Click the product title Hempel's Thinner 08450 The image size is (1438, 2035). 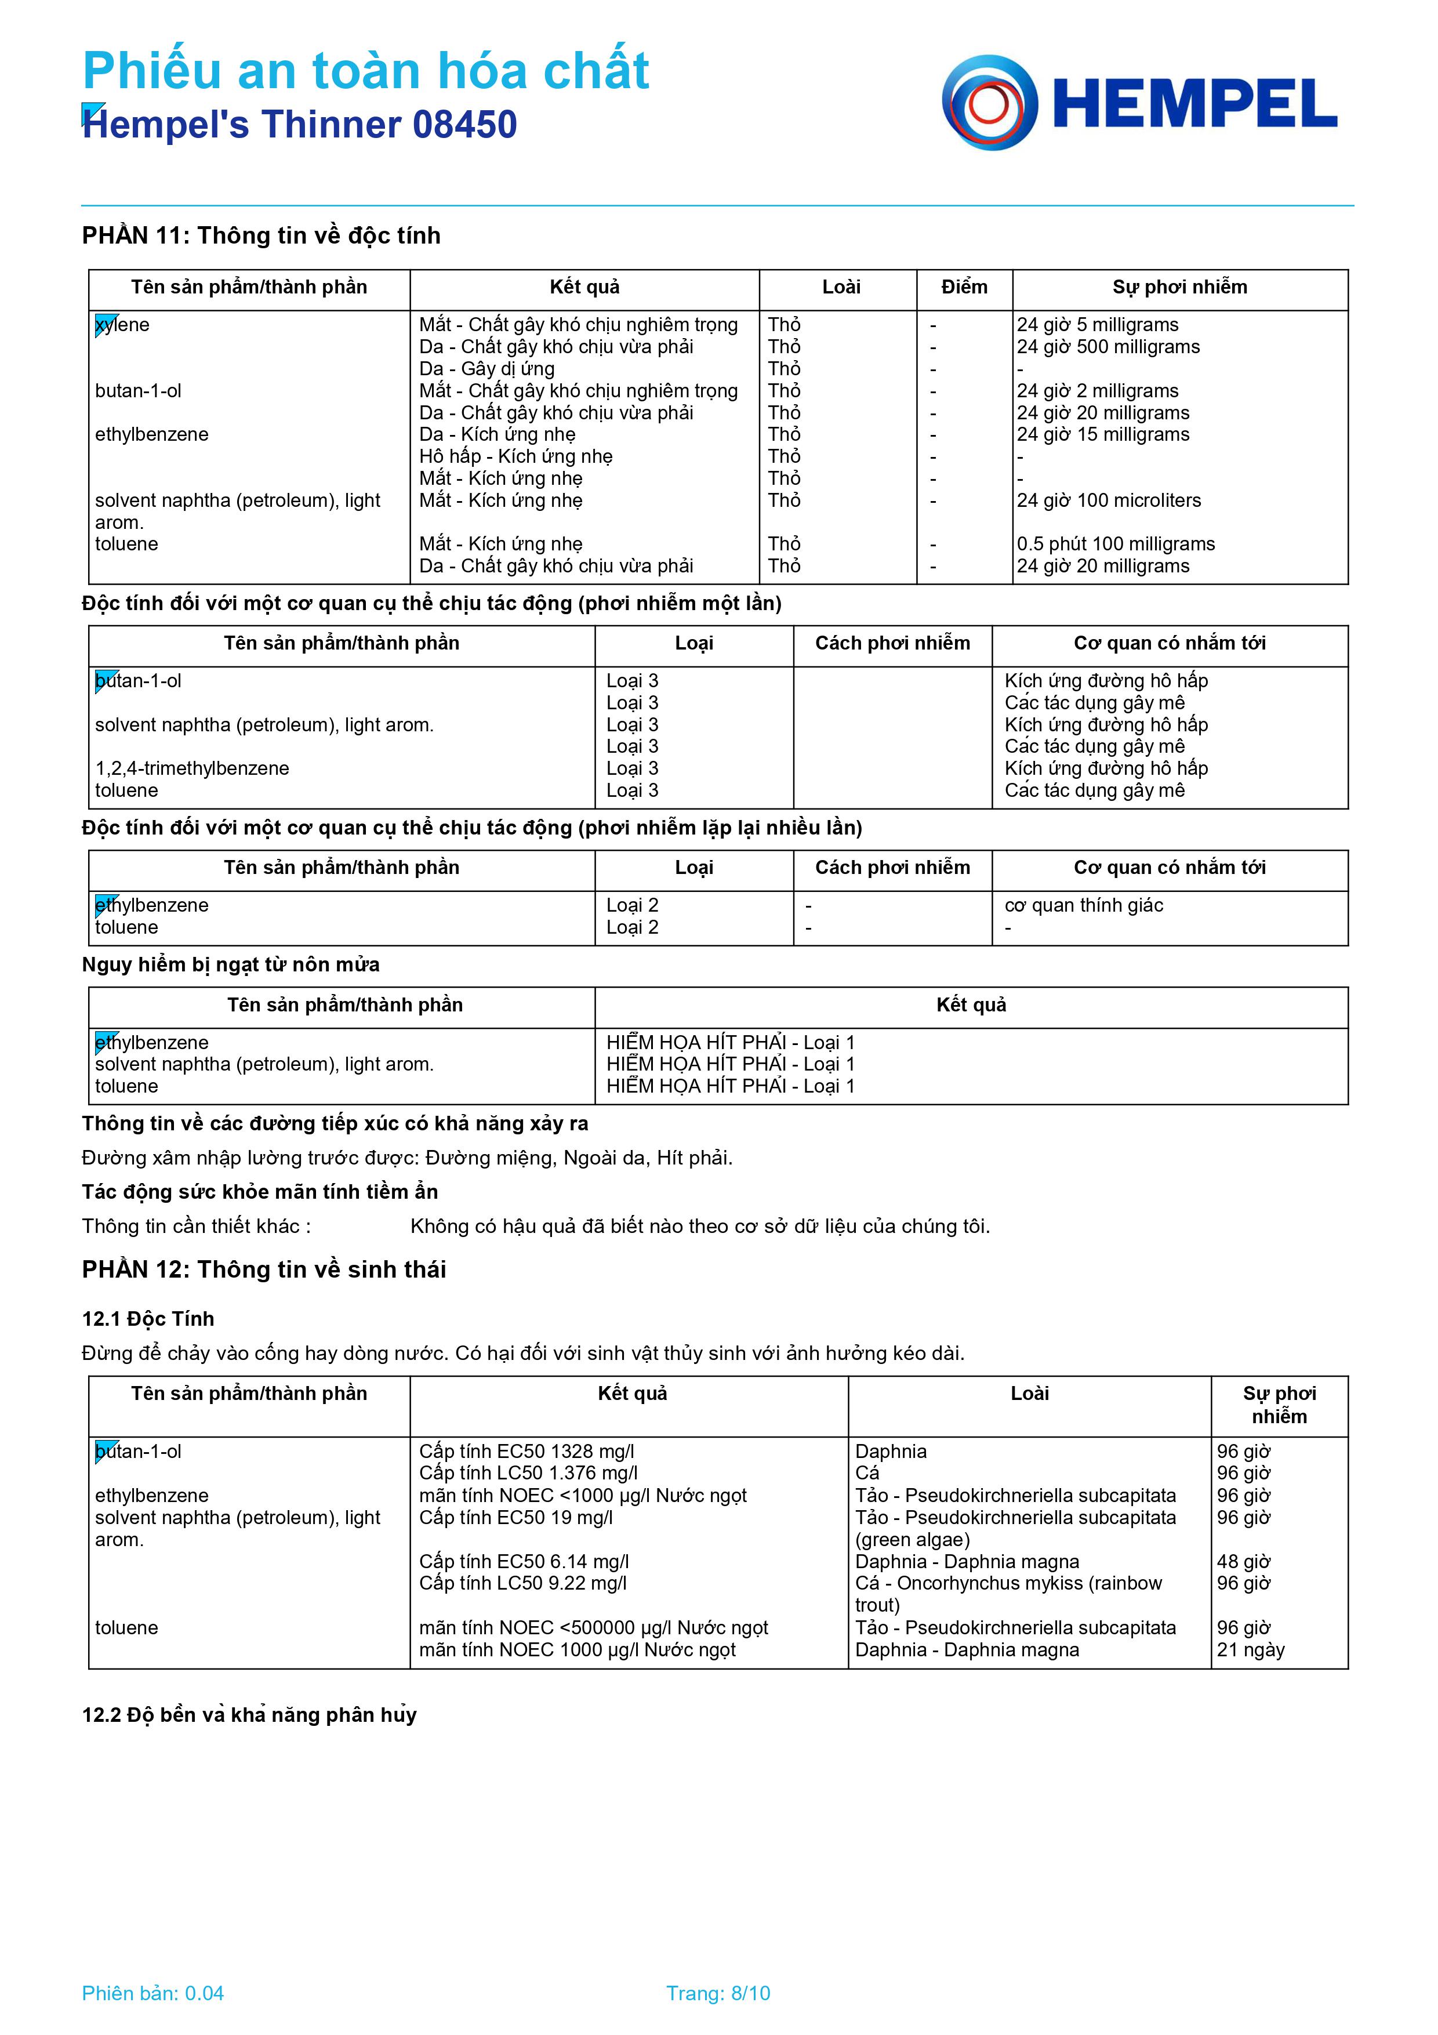pos(299,125)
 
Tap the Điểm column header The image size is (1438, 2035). pos(964,287)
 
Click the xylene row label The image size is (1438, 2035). pos(122,325)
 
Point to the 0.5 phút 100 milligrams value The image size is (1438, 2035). pos(1116,544)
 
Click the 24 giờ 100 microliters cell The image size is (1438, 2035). pos(1109,500)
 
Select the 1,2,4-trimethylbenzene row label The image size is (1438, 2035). pos(193,768)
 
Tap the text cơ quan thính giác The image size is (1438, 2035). pos(1084,905)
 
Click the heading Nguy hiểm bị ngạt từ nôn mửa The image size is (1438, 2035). pos(230,964)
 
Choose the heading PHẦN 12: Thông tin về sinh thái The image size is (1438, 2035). pos(264,1269)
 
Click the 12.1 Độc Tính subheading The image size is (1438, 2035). pos(148,1319)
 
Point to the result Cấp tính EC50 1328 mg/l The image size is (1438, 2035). pos(526,1452)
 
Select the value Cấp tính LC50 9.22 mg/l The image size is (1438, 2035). pos(523,1583)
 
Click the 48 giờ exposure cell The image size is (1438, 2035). pos(1243,1562)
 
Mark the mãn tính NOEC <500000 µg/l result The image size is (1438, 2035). pos(593,1628)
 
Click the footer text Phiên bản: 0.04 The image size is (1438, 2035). pos(152,1993)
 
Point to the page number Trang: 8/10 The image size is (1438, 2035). pos(718,1993)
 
